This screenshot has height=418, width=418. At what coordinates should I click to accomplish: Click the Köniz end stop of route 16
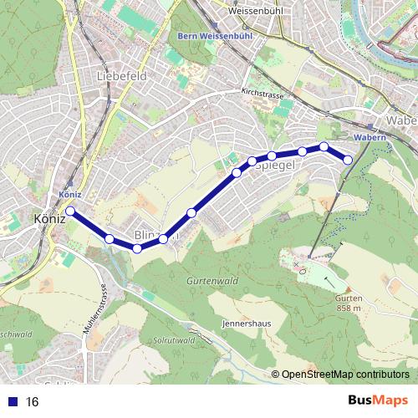71,211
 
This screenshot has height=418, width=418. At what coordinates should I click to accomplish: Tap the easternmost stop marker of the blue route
349,160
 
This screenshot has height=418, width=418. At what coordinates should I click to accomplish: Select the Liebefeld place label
122,75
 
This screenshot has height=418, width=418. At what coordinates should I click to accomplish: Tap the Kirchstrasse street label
261,94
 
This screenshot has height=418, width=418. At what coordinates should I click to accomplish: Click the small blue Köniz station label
70,194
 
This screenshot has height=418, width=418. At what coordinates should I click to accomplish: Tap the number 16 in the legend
33,402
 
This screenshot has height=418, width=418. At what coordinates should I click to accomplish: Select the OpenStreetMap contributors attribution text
345,375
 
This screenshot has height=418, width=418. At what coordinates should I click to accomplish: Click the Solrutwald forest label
175,341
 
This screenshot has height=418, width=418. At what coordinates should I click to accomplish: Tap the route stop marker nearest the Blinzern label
163,239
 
